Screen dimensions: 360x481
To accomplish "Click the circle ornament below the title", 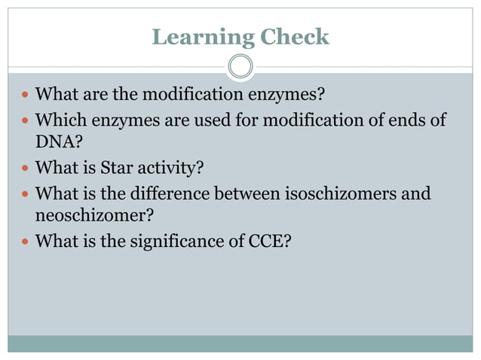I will tap(240, 67).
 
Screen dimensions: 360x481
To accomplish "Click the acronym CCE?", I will tap(271, 242).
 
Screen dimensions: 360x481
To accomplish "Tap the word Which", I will tap(60, 120).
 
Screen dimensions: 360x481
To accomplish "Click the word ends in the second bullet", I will tap(405, 120).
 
